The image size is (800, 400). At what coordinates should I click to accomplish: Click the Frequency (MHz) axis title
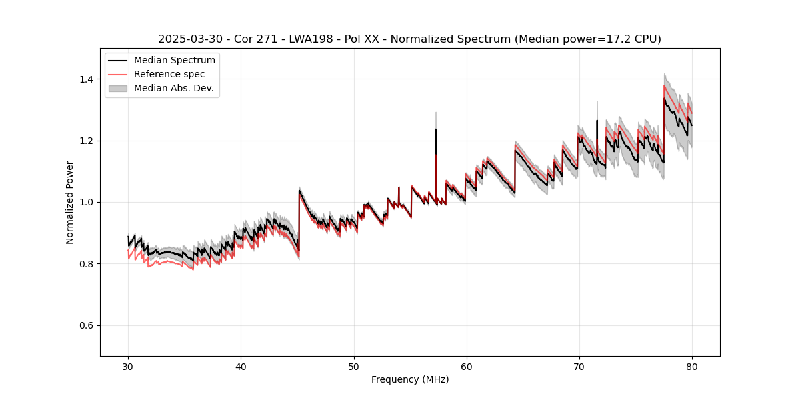410,379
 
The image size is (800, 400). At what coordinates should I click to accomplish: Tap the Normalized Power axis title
70,202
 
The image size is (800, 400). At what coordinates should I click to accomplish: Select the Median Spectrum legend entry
174,61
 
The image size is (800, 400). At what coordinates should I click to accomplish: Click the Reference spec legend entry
169,74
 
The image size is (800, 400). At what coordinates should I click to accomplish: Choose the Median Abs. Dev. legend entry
173,88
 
